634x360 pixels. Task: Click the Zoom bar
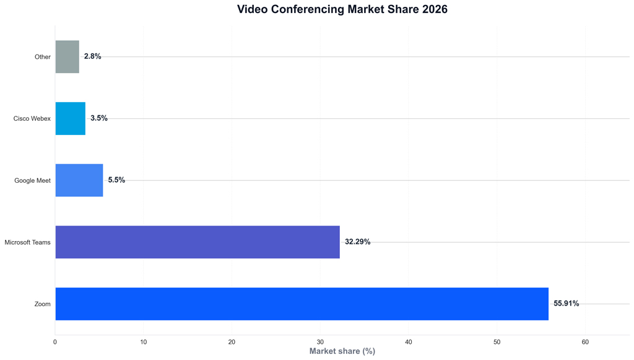click(x=302, y=304)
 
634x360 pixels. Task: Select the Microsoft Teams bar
click(x=198, y=242)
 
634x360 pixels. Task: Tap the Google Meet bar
click(x=79, y=180)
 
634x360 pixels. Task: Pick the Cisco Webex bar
click(x=70, y=118)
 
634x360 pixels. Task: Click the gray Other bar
click(x=67, y=56)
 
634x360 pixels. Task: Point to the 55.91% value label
click(x=566, y=304)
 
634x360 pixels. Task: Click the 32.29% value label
click(x=357, y=242)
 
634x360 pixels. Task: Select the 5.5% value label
click(x=116, y=180)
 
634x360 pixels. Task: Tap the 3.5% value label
click(x=98, y=118)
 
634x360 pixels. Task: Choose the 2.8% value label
click(x=92, y=56)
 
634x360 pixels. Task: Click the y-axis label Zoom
click(x=42, y=304)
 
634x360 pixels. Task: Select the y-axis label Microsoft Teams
click(x=27, y=242)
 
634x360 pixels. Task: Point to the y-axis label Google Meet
click(x=32, y=181)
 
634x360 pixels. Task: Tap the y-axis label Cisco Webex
click(x=32, y=119)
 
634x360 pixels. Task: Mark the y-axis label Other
click(x=42, y=57)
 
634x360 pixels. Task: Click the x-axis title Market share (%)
click(x=342, y=351)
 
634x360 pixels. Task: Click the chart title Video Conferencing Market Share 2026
click(x=342, y=9)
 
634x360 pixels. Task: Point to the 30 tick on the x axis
click(x=320, y=341)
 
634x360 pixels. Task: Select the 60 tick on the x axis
click(x=585, y=341)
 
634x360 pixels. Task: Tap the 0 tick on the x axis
click(x=55, y=341)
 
